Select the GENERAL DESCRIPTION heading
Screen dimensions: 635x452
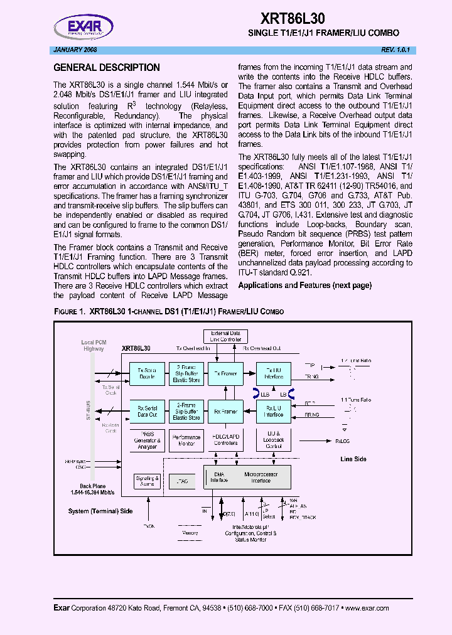(x=107, y=68)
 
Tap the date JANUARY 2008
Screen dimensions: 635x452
(x=75, y=50)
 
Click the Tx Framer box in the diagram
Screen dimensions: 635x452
(x=225, y=374)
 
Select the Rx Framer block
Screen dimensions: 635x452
(x=225, y=412)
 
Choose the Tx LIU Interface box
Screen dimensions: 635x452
(x=274, y=374)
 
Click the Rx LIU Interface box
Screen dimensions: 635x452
(x=274, y=412)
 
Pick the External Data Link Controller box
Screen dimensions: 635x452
(x=225, y=337)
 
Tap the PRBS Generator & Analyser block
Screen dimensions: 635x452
(x=147, y=440)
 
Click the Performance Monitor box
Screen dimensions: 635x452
(x=186, y=440)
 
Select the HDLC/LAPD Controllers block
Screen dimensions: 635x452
(x=225, y=440)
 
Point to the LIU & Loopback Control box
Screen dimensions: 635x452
(x=274, y=440)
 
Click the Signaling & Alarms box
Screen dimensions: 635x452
(x=147, y=481)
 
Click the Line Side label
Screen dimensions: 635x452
(x=353, y=459)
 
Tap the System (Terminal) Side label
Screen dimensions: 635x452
(x=100, y=511)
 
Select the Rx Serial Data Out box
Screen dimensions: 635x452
(x=147, y=412)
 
